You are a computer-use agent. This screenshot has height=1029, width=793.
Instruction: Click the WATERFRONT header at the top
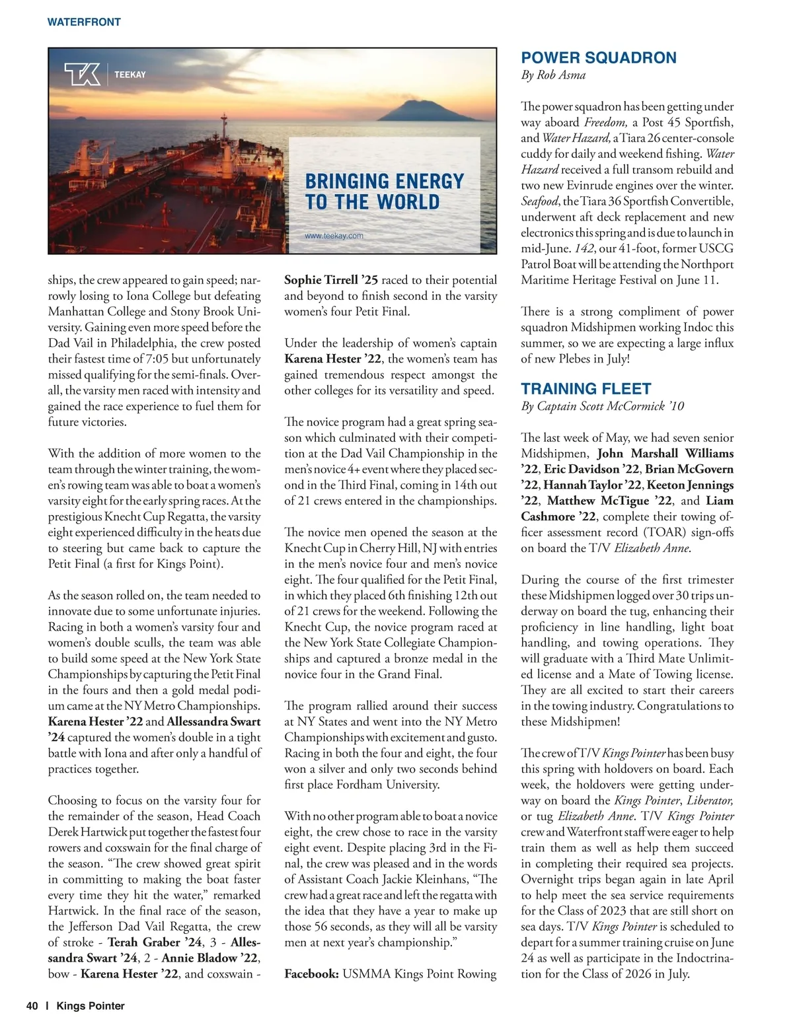coord(84,22)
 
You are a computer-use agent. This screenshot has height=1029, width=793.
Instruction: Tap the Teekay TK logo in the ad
coord(83,74)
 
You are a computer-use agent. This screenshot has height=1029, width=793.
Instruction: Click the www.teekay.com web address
coord(334,236)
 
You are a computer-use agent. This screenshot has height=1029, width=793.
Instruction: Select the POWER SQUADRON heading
coord(598,57)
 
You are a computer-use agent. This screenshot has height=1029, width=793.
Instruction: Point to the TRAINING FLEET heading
coord(585,388)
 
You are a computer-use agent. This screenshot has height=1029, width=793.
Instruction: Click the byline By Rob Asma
coord(553,75)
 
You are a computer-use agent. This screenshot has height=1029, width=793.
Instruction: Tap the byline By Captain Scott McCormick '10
coord(602,406)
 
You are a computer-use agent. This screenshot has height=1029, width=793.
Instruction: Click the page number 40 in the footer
coord(32,1006)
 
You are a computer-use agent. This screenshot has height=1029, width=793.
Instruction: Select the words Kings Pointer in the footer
coord(91,1006)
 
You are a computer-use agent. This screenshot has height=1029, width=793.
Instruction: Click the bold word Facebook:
coord(311,974)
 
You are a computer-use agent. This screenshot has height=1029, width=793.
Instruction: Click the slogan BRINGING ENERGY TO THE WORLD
coord(384,192)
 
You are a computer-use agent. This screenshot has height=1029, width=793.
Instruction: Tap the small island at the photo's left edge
coord(82,119)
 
